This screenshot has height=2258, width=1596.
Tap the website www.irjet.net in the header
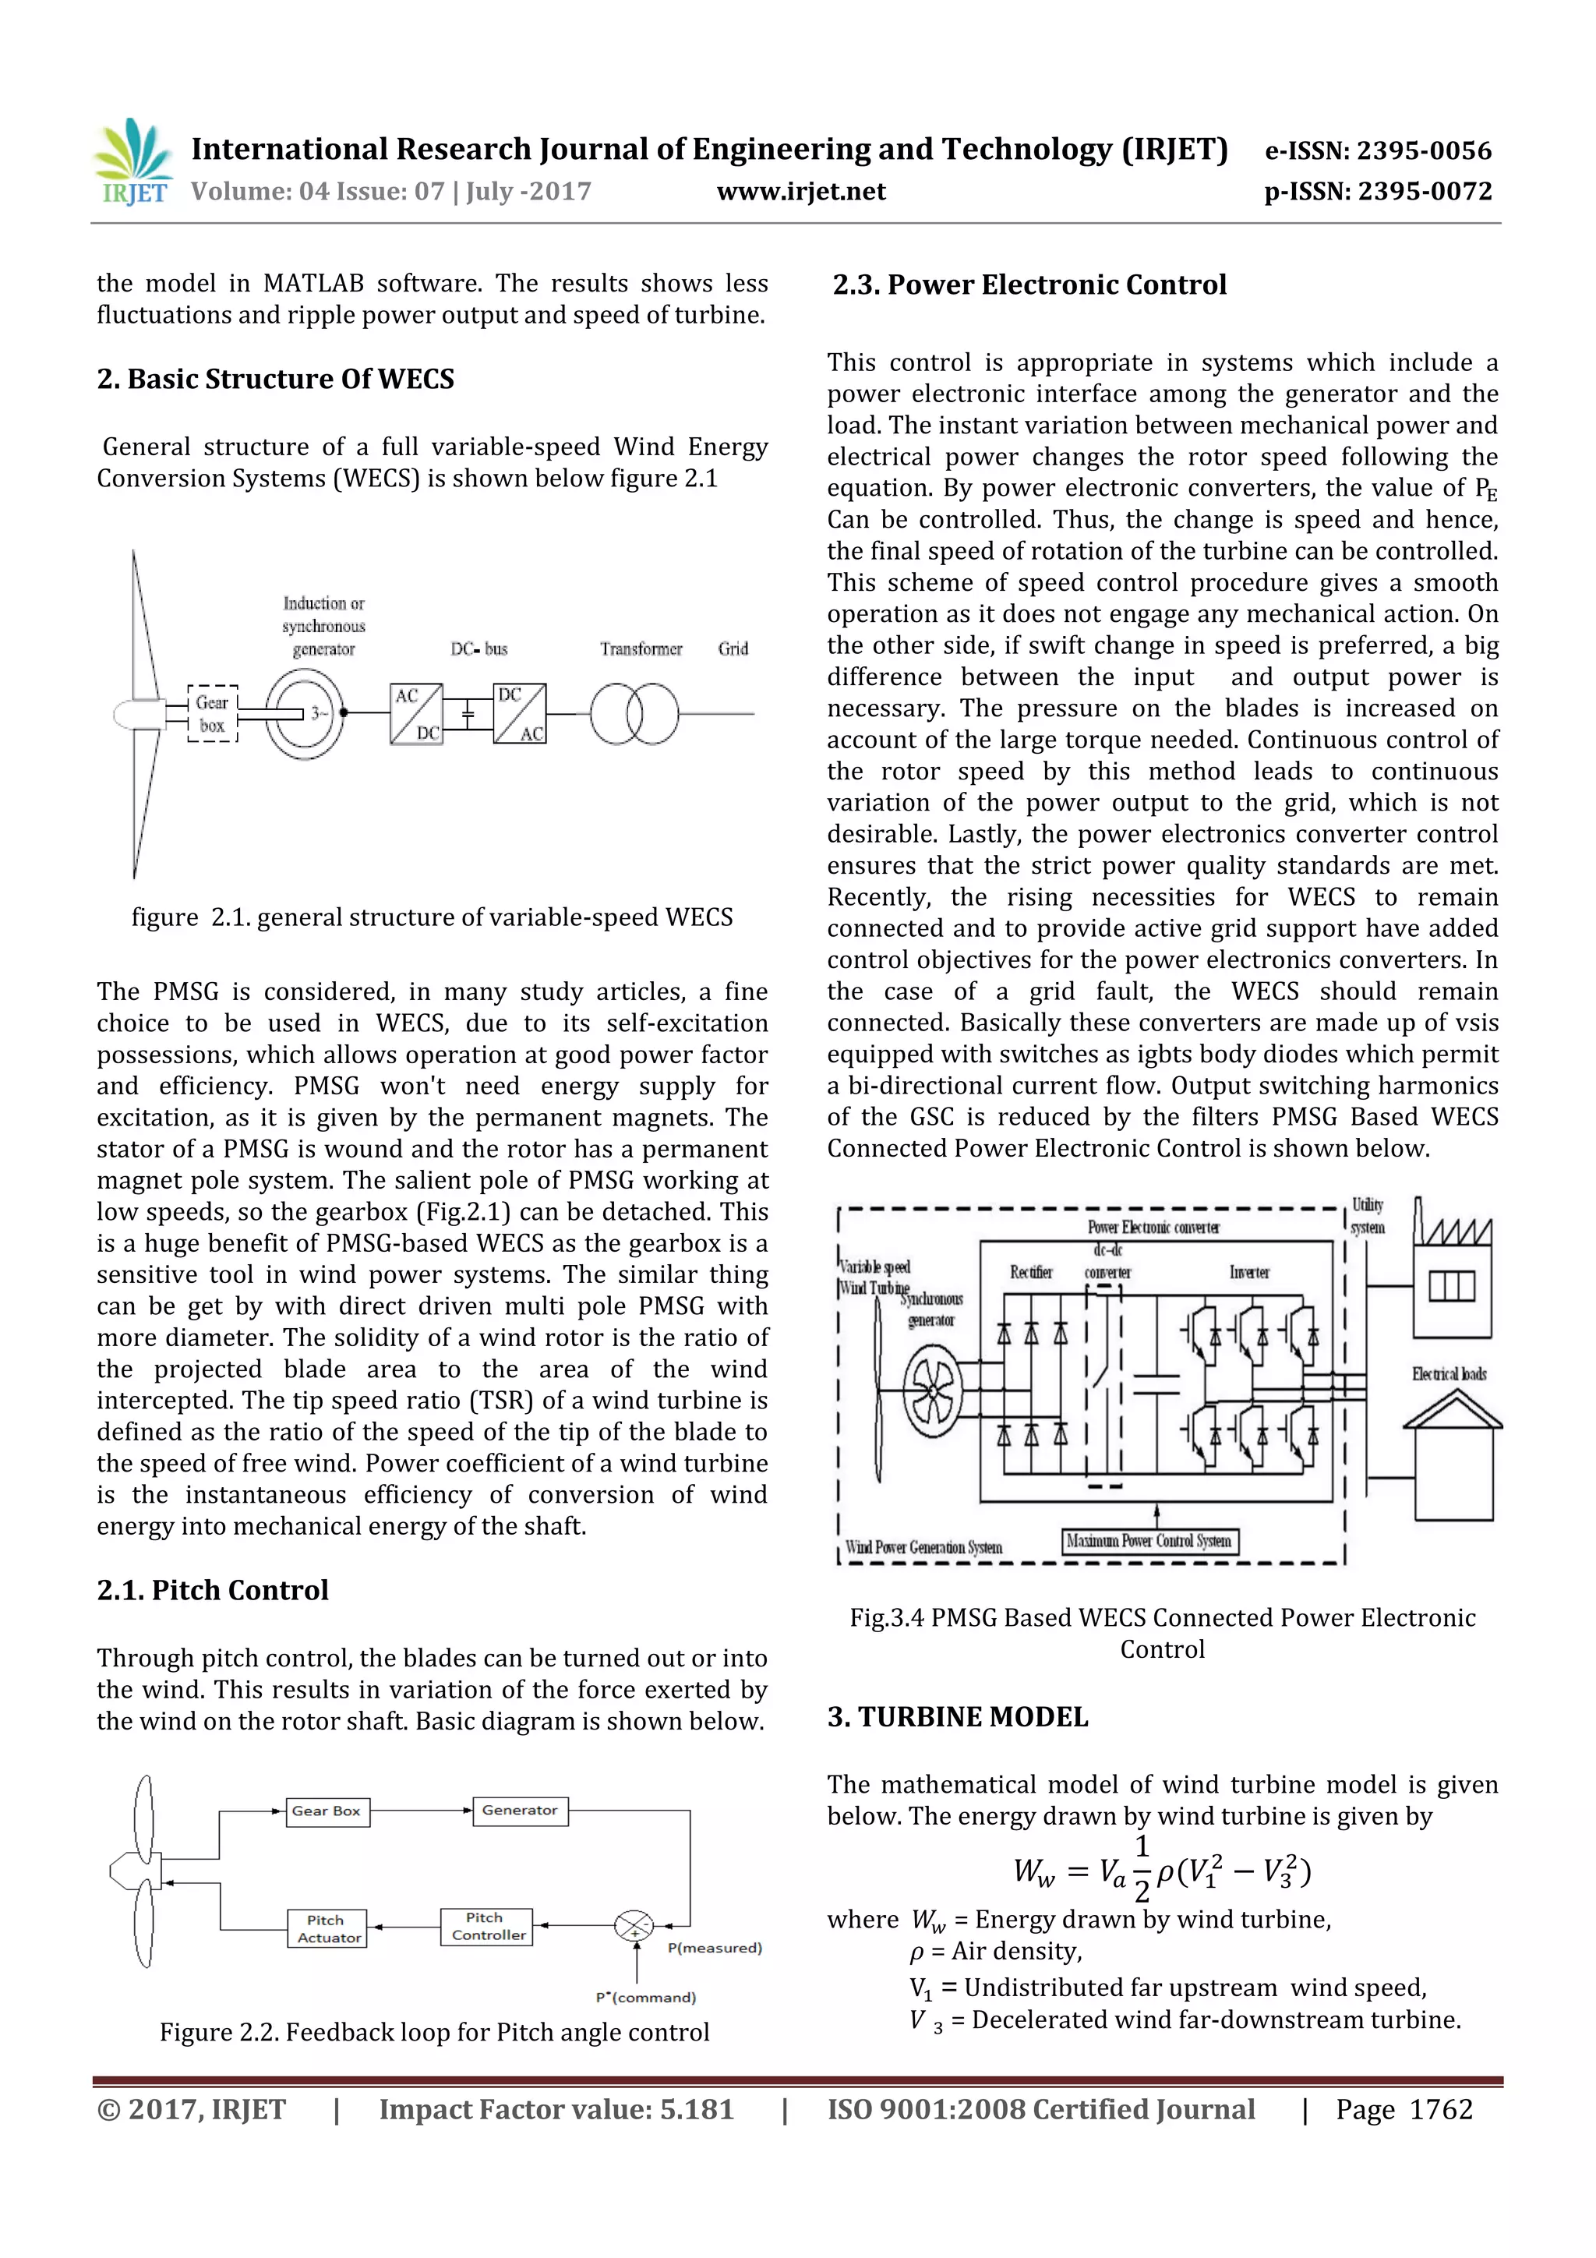800,191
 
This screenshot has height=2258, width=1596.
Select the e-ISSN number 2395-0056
1423,150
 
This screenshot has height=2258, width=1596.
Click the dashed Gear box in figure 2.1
213,714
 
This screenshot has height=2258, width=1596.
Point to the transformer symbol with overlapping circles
634,714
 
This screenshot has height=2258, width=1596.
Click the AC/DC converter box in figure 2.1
417,714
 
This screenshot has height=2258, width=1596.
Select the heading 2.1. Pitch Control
213,1590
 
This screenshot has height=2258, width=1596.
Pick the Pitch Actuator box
328,1928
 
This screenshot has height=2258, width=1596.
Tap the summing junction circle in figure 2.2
634,1926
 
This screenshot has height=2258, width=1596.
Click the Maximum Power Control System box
1149,1541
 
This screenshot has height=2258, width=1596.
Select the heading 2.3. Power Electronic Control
1029,285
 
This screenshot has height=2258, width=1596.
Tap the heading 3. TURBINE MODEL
957,1717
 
